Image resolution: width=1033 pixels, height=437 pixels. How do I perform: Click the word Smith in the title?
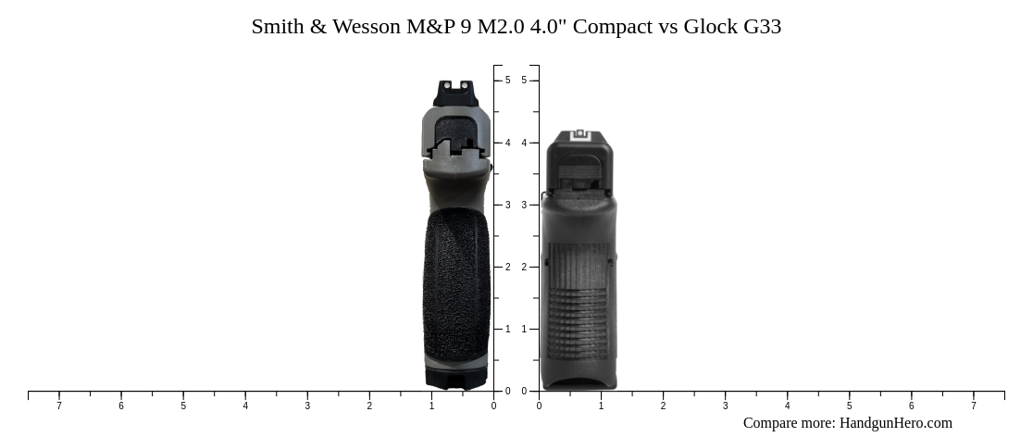click(278, 27)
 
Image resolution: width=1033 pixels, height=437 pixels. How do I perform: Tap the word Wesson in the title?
click(362, 27)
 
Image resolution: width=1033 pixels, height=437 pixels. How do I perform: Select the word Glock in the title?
click(711, 27)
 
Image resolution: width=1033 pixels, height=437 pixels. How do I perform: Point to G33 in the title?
click(763, 27)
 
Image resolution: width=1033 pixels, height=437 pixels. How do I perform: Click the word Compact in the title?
click(613, 27)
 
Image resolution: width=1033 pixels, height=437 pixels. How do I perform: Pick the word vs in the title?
click(668, 27)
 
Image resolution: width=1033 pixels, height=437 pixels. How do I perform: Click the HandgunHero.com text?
click(895, 423)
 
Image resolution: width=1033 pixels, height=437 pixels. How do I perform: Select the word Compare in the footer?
click(772, 423)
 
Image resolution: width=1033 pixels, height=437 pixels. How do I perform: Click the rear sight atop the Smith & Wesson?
click(455, 94)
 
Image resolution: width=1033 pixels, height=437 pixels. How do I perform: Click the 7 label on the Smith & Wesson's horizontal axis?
click(59, 406)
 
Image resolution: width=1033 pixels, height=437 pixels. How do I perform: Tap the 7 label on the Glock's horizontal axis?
click(973, 406)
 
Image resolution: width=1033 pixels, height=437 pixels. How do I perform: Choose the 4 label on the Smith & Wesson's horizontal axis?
click(245, 406)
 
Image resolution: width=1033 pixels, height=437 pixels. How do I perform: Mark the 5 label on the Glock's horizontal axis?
click(849, 406)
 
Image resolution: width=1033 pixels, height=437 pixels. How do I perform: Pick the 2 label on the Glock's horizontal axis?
click(663, 406)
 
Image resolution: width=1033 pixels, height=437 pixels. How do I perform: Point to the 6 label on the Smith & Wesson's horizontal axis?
click(121, 406)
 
